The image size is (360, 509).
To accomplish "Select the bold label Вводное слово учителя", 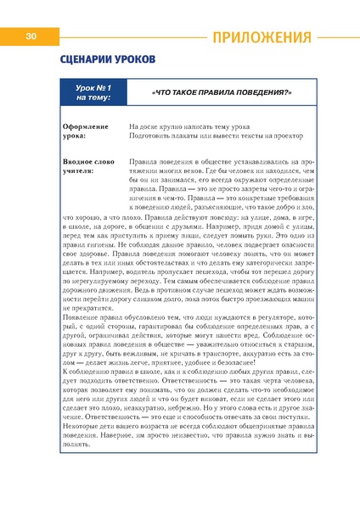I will [x=87, y=165].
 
